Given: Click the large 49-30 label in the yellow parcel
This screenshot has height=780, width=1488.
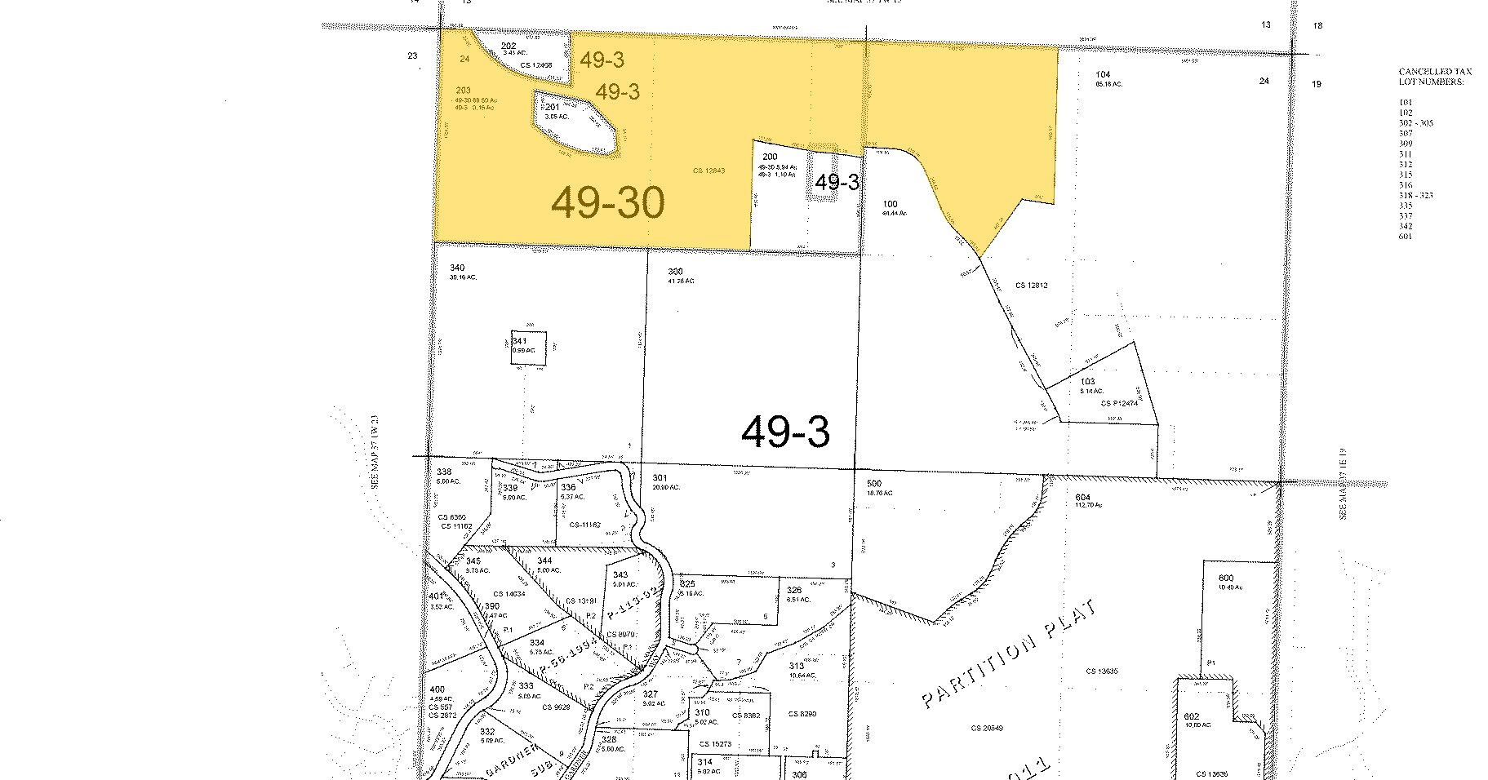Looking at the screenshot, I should pos(608,202).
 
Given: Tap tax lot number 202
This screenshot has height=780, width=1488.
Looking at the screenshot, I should pos(509,46).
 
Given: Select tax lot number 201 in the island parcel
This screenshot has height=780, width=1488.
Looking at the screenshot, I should pos(551,107).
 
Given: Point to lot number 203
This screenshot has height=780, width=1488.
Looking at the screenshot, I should pos(463,91).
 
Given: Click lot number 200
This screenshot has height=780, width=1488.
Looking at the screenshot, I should pos(770,157).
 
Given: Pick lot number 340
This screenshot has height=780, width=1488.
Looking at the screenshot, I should pos(457,268).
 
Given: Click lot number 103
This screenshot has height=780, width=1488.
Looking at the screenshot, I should pos(1087,382).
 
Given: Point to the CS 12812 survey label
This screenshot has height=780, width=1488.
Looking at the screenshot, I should pos(1031,286).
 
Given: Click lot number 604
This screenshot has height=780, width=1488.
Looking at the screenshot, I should pos(1082,497).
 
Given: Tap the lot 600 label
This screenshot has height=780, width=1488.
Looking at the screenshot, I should pos(1226,578).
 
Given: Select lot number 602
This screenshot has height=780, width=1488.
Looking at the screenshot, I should pos(1192,717).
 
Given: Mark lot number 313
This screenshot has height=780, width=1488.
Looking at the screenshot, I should pos(796,666).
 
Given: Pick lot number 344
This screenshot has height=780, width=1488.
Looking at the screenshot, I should pos(544,561).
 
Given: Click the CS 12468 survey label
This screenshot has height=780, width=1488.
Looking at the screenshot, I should pos(535,64).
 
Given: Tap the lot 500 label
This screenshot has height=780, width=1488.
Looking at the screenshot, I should pos(873,484).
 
